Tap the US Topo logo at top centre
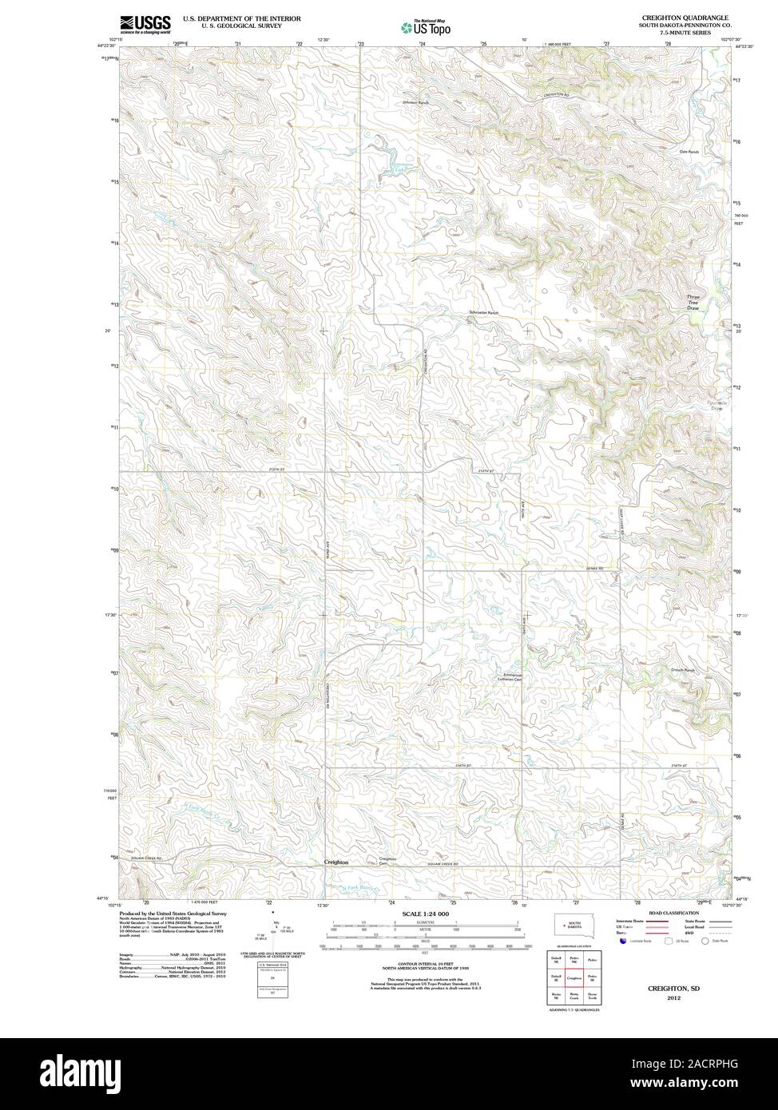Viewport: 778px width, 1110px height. click(427, 27)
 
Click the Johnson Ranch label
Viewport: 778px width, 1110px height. click(415, 103)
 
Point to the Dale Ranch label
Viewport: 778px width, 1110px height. click(689, 151)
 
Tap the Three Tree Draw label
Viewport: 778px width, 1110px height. click(693, 302)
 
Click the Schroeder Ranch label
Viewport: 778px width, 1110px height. click(483, 313)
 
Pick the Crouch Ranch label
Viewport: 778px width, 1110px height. click(683, 670)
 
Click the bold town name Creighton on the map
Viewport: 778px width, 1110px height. click(336, 862)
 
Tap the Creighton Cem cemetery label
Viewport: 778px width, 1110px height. click(388, 861)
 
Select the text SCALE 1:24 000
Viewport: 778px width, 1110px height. click(426, 914)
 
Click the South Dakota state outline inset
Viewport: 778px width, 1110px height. click(571, 926)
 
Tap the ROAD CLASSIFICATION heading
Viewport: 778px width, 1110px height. click(673, 912)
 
